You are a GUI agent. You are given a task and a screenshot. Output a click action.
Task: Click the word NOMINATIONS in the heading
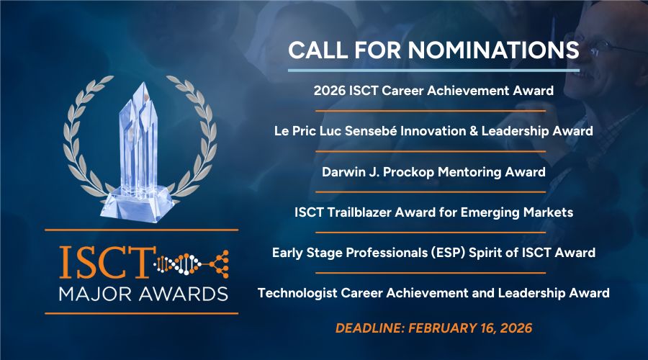(493, 50)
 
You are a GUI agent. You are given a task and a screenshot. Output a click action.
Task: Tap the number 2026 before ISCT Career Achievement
(329, 91)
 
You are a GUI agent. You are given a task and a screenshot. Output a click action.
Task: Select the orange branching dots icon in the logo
(219, 264)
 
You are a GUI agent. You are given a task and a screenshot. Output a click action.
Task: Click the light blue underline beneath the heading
(433, 71)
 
